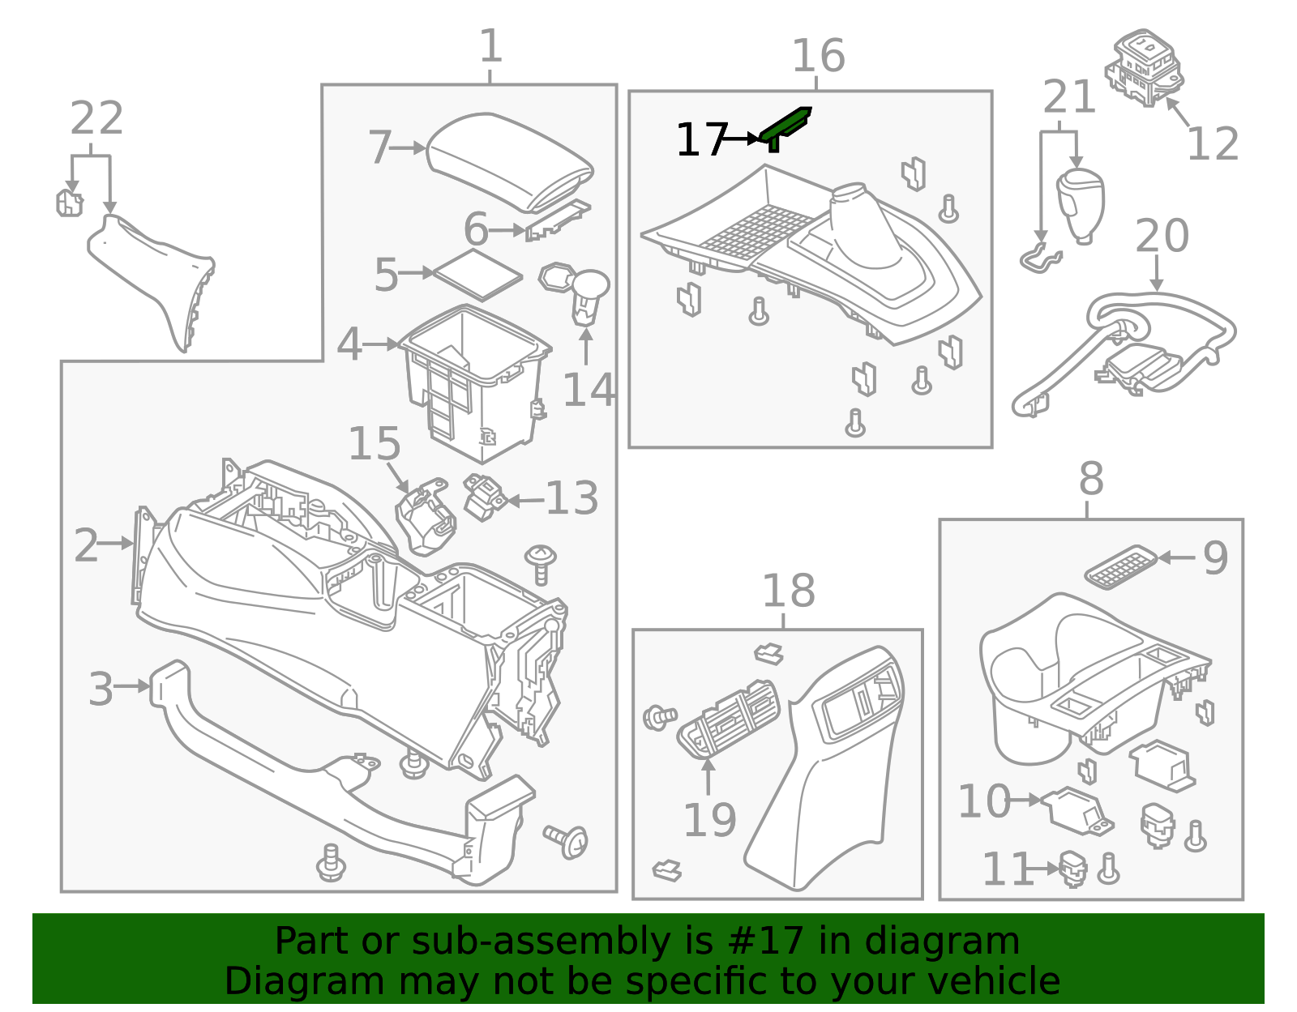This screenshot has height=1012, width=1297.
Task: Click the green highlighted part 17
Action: (785, 126)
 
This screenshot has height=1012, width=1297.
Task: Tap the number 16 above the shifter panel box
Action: (818, 57)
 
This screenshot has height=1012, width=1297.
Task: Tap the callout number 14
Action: (589, 391)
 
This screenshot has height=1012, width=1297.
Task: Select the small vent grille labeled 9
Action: (1121, 566)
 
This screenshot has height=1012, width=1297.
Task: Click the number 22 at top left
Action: (96, 119)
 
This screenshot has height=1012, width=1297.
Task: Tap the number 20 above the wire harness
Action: (1161, 237)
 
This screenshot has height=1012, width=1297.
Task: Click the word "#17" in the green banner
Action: (765, 942)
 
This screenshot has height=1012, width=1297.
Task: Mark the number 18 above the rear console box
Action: (788, 591)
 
